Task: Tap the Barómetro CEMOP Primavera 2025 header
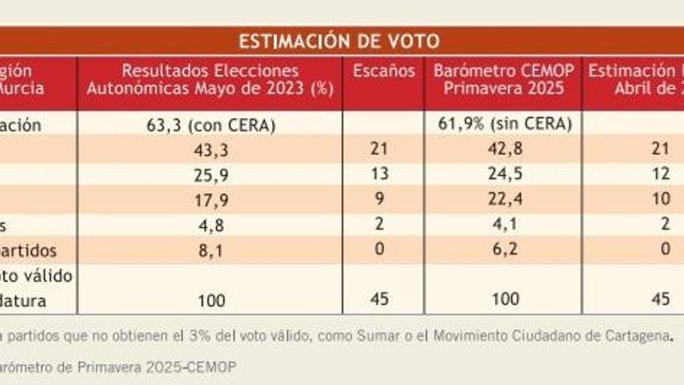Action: (x=504, y=79)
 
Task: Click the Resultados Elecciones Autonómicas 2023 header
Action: (x=210, y=79)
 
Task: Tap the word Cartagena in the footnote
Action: (x=640, y=337)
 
